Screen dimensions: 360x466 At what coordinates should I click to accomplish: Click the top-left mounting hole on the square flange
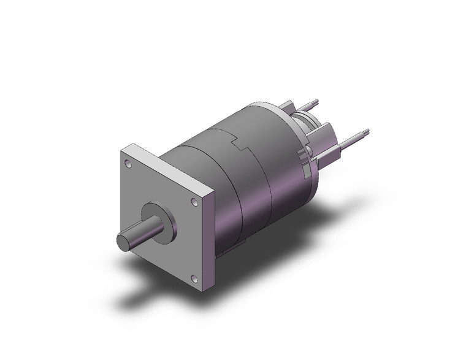pyautogui.click(x=127, y=164)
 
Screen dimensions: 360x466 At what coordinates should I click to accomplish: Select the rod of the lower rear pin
pyautogui.click(x=353, y=138)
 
